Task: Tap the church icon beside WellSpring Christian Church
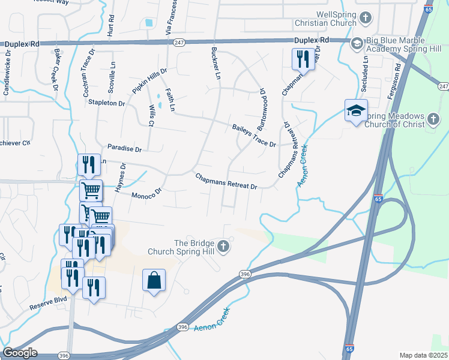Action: point(365,18)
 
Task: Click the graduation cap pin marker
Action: point(356,110)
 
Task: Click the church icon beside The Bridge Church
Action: point(223,246)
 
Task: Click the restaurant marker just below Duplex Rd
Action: point(301,59)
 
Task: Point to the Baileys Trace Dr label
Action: point(254,136)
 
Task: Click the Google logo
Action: point(20,352)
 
